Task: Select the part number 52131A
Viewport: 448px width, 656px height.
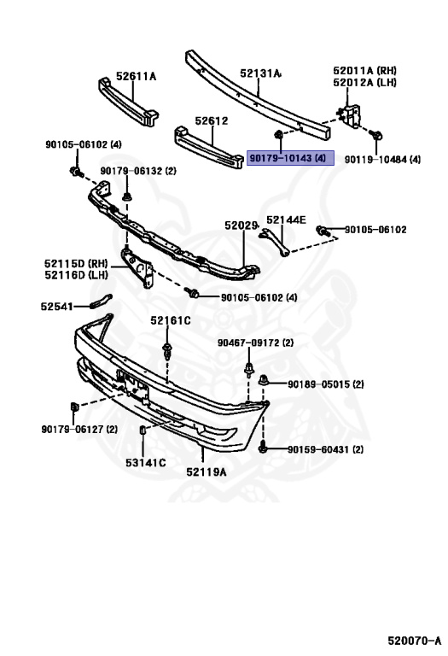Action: (260, 74)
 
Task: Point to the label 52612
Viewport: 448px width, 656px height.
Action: (211, 121)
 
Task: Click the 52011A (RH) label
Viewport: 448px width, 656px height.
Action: (365, 70)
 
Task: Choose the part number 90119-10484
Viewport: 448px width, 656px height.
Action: (382, 160)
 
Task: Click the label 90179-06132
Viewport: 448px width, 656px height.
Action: (137, 171)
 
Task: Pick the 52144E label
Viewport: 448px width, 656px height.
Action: (285, 220)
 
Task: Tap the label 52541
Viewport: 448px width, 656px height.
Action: (57, 305)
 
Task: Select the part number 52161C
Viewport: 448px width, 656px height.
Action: (171, 320)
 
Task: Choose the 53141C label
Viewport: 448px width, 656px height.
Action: (146, 462)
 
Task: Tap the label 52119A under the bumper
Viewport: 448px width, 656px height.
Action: (207, 471)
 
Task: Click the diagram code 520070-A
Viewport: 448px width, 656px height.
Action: (413, 641)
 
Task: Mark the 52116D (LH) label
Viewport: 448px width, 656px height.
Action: (76, 275)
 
